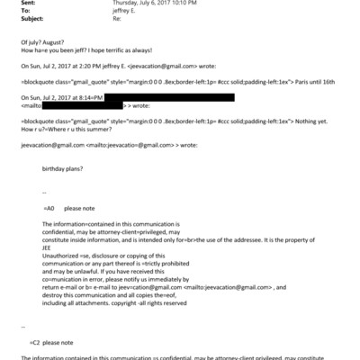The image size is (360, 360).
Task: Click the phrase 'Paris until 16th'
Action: tap(307, 81)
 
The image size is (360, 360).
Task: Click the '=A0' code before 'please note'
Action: tap(49, 207)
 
